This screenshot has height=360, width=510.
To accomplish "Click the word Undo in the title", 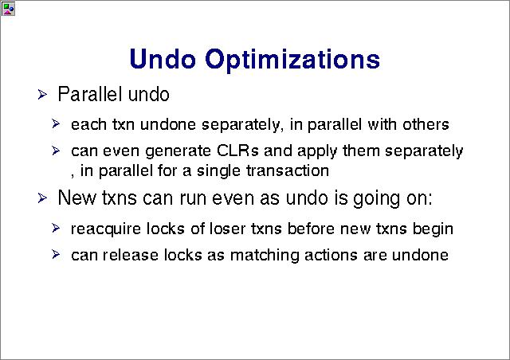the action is pyautogui.click(x=163, y=59).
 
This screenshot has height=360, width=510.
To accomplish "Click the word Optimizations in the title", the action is pyautogui.click(x=292, y=61).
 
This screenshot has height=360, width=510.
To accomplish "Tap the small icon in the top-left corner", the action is pyautogui.click(x=8, y=9).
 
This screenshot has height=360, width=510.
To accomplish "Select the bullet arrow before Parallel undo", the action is pyautogui.click(x=42, y=95).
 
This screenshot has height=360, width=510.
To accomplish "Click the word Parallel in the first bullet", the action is pyautogui.click(x=90, y=94).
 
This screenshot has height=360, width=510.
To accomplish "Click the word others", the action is pyautogui.click(x=426, y=124).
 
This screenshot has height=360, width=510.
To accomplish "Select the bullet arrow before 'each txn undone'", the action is pyautogui.click(x=56, y=124).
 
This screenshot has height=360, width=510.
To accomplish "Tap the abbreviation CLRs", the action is pyautogui.click(x=237, y=151).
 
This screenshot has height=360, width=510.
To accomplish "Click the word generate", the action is pyautogui.click(x=178, y=151).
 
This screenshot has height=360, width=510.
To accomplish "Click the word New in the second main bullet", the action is pyautogui.click(x=77, y=198).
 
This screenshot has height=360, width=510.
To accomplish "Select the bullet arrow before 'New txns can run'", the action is pyautogui.click(x=42, y=198).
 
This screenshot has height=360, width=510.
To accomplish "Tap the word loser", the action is pyautogui.click(x=228, y=229).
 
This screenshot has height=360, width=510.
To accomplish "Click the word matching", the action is pyautogui.click(x=265, y=256).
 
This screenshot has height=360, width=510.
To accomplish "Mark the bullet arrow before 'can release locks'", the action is pyautogui.click(x=56, y=254).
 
